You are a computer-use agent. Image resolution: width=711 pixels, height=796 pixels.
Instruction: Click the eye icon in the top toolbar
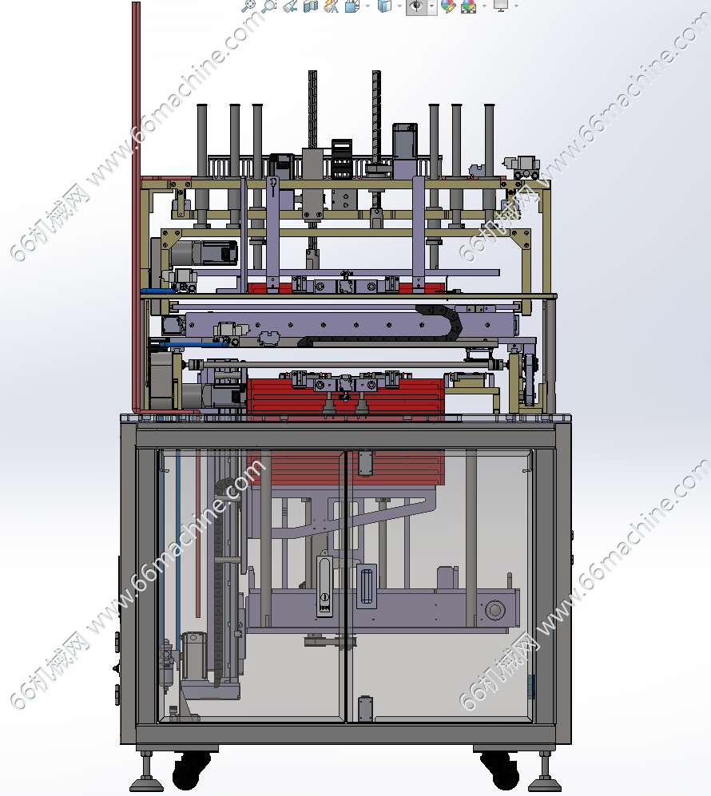point(416,6)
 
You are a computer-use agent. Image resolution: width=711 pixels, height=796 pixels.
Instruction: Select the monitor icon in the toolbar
point(501,6)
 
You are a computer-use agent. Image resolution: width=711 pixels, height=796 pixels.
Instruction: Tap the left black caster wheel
point(192,769)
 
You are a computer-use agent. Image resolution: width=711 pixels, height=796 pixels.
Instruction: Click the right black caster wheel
point(500,770)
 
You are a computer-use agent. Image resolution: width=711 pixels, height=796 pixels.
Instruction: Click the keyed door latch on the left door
point(324,586)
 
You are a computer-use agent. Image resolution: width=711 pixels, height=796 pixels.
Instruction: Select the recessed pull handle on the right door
point(367,586)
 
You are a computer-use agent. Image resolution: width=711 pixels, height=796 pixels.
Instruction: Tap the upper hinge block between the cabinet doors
point(365,463)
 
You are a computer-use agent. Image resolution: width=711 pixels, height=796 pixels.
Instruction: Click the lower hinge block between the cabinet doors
point(365,709)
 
